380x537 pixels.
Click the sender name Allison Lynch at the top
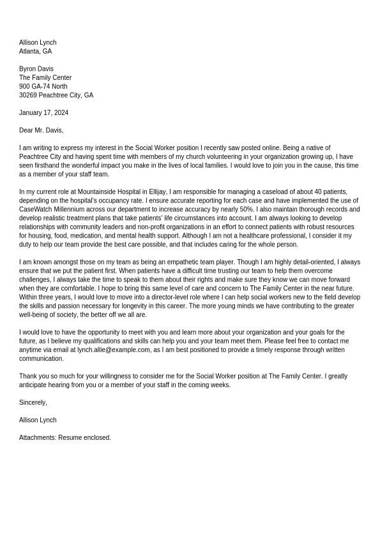pyautogui.click(x=38, y=42)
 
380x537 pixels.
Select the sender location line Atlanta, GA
pyautogui.click(x=35, y=51)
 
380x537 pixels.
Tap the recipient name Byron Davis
pyautogui.click(x=36, y=68)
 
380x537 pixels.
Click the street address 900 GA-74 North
pyautogui.click(x=43, y=86)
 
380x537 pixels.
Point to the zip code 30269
pyautogui.click(x=27, y=95)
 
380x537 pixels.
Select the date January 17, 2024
pyautogui.click(x=43, y=112)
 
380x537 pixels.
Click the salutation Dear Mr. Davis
pyautogui.click(x=41, y=130)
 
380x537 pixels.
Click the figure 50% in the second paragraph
pyautogui.click(x=246, y=209)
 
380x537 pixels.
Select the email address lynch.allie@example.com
pyautogui.click(x=114, y=350)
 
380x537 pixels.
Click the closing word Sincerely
pyautogui.click(x=33, y=402)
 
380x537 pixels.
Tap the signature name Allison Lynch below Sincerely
pyautogui.click(x=38, y=420)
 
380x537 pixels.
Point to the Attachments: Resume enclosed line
pyautogui.click(x=65, y=437)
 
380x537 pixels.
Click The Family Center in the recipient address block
pyautogui.click(x=45, y=77)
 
